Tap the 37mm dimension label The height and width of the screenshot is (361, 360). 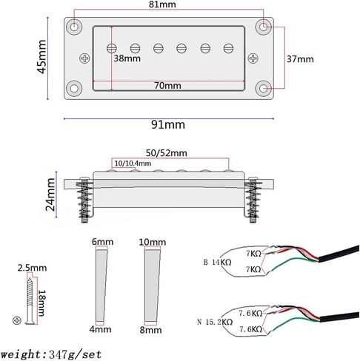point(300,58)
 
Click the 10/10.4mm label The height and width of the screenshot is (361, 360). point(133,163)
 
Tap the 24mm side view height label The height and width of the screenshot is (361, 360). point(51,195)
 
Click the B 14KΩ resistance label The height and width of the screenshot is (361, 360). point(218,262)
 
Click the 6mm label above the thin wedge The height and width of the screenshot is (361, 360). point(103,242)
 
